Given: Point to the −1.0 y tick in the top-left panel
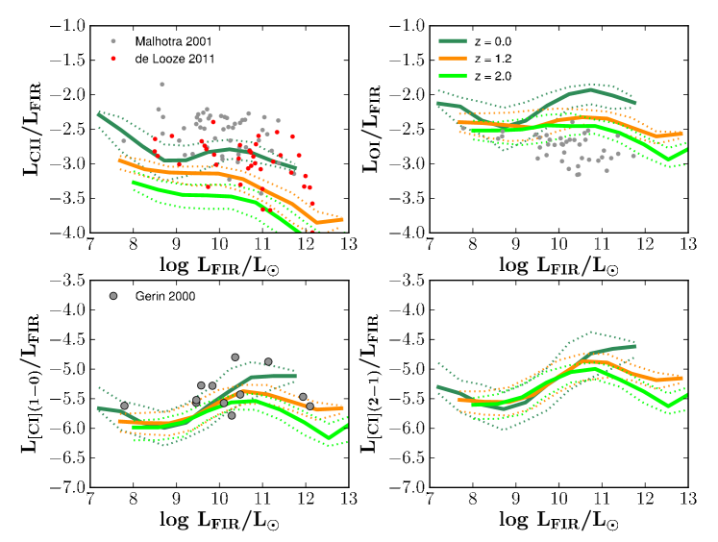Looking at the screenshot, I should pyautogui.click(x=67, y=26).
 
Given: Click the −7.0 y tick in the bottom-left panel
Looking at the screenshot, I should pyautogui.click(x=67, y=488).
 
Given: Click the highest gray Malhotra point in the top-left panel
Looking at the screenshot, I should pyautogui.click(x=161, y=85).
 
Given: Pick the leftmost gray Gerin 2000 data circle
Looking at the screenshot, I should pyautogui.click(x=124, y=406).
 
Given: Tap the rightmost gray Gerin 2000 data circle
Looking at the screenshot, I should pyautogui.click(x=309, y=406).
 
